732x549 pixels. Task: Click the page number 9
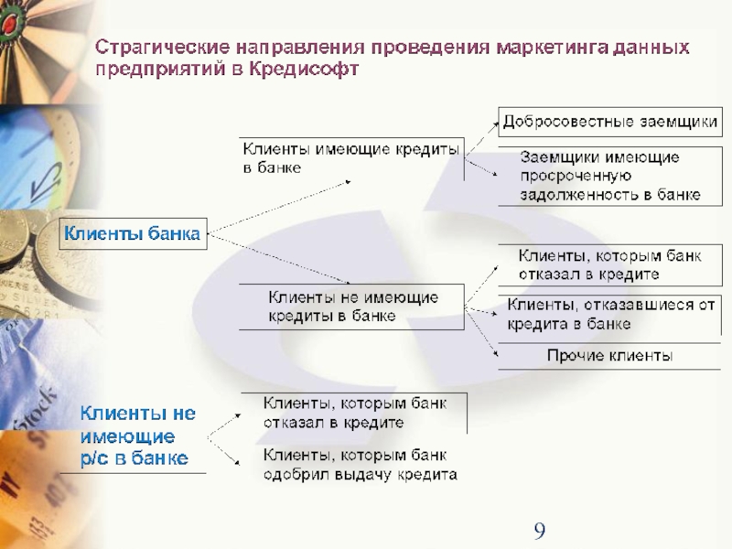(x=540, y=531)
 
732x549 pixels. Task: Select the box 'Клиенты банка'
(x=132, y=234)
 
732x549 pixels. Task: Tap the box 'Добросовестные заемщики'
(x=608, y=122)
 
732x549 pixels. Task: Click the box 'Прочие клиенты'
(x=609, y=355)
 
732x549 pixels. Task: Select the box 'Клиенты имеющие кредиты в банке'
(x=351, y=157)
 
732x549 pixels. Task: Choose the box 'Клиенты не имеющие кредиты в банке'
(x=351, y=307)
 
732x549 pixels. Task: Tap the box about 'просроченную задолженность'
(x=609, y=176)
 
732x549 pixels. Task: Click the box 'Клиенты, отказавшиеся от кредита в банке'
(x=609, y=314)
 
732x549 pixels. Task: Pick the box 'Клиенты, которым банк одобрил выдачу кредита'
(x=360, y=465)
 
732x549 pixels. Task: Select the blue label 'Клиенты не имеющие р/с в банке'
(x=137, y=436)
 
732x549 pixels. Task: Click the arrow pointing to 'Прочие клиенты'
(x=483, y=338)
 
